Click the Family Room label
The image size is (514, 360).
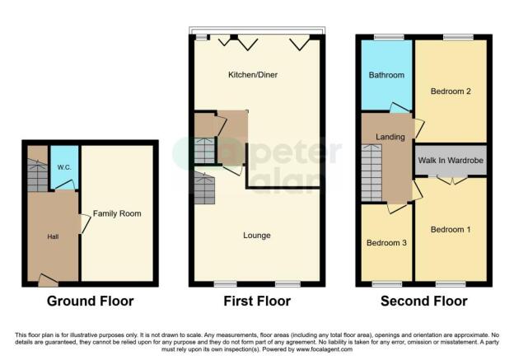pos(116,214)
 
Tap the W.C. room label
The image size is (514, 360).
pos(63,169)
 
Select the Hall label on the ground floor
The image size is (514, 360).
pos(52,236)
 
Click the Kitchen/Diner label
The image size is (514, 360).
pos(253,76)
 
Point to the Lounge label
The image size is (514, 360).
pos(257,236)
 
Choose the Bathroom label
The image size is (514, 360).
pos(386,76)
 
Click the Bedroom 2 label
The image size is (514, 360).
pos(451,91)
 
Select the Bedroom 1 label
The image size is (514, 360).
pos(451,229)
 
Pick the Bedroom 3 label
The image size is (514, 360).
pos(386,243)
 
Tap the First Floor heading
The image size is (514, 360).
pos(257,302)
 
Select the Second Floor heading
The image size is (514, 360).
pos(423,302)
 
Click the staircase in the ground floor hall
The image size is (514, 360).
pos(38,175)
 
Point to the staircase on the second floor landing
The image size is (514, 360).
pos(371,170)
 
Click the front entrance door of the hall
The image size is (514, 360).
pos(49,282)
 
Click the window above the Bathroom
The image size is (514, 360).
pos(388,37)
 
